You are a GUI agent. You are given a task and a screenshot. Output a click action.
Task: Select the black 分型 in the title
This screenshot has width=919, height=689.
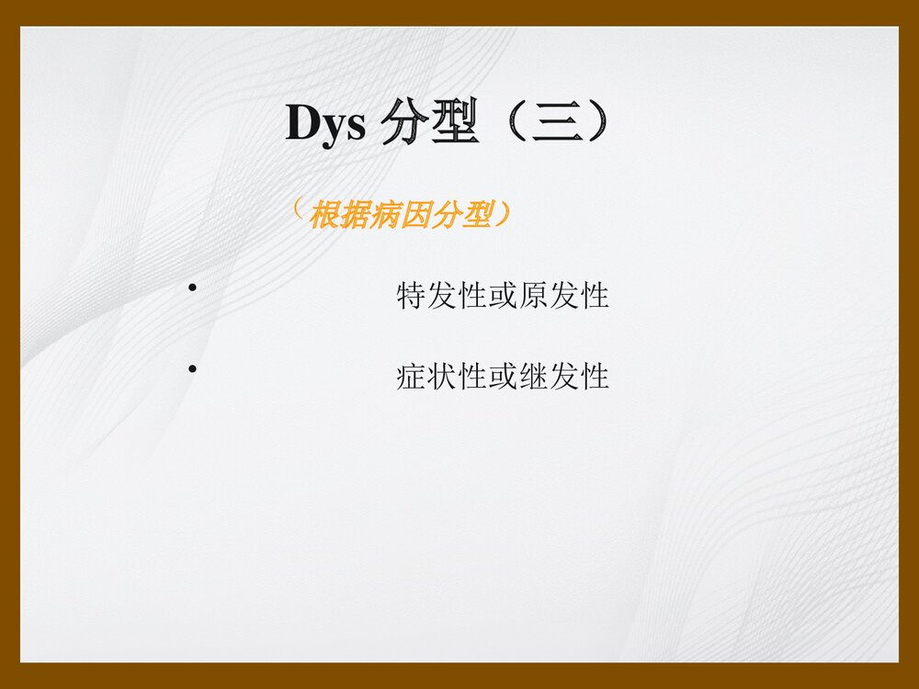[x=431, y=123]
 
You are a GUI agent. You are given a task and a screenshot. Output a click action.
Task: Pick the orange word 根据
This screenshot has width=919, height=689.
[x=340, y=216]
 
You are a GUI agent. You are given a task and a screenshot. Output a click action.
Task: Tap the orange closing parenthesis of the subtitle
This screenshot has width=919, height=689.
[x=502, y=216]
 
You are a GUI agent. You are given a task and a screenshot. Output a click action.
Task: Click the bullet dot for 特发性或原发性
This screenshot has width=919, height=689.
[x=193, y=290]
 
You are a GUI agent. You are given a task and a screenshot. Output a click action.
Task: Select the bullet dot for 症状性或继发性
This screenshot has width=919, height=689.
[x=193, y=369]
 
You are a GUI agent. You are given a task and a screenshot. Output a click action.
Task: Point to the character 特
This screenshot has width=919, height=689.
[x=411, y=296]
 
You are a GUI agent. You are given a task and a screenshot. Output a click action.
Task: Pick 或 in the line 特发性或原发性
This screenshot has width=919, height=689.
[x=503, y=296]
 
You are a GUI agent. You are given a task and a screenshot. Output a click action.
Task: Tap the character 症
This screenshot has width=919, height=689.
[x=411, y=376]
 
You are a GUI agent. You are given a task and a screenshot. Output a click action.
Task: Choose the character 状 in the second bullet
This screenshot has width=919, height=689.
[x=442, y=376]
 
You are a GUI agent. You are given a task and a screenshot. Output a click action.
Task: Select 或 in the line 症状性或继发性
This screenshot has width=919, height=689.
[x=503, y=376]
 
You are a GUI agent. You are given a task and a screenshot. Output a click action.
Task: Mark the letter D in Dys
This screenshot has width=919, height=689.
[x=301, y=123]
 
